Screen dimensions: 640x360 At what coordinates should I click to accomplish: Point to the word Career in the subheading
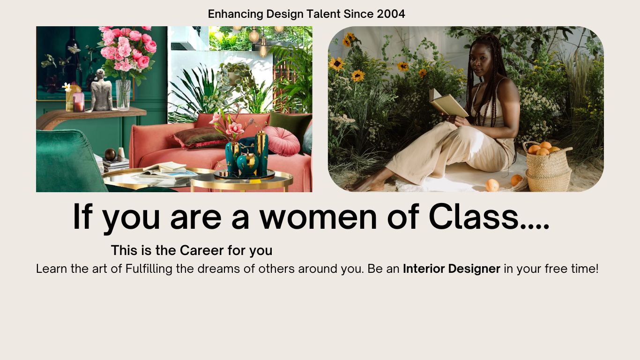pyautogui.click(x=202, y=250)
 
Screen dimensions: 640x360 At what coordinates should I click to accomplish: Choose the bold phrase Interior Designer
pyautogui.click(x=452, y=269)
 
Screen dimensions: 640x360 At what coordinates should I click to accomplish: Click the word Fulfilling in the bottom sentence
pyautogui.click(x=149, y=269)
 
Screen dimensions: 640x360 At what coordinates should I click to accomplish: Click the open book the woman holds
pyautogui.click(x=448, y=103)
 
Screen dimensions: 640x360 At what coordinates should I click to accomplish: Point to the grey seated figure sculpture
pyautogui.click(x=101, y=90)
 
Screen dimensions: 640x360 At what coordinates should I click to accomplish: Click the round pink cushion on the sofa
pyautogui.click(x=282, y=141)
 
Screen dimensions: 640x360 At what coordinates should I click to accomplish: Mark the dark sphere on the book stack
pyautogui.click(x=110, y=154)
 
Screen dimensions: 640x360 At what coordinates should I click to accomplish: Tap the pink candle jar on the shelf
pyautogui.click(x=78, y=102)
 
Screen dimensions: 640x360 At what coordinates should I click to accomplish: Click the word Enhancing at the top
pyautogui.click(x=235, y=14)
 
